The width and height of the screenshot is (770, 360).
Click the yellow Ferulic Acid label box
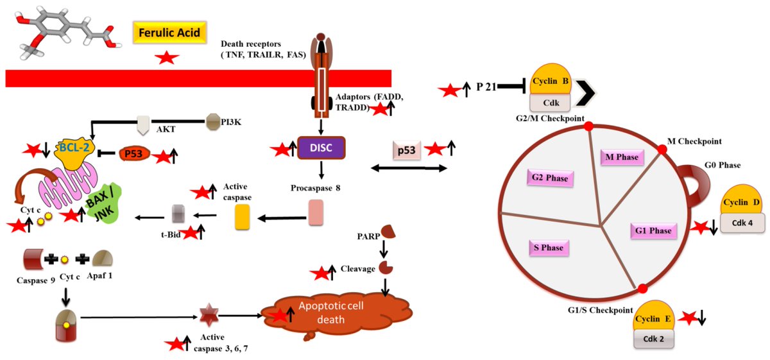pyautogui.click(x=171, y=33)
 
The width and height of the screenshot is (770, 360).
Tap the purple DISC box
pyautogui.click(x=321, y=148)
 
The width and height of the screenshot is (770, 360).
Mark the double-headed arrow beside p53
pyautogui.click(x=409, y=168)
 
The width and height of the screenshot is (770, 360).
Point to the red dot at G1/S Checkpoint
pyautogui.click(x=642, y=287)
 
